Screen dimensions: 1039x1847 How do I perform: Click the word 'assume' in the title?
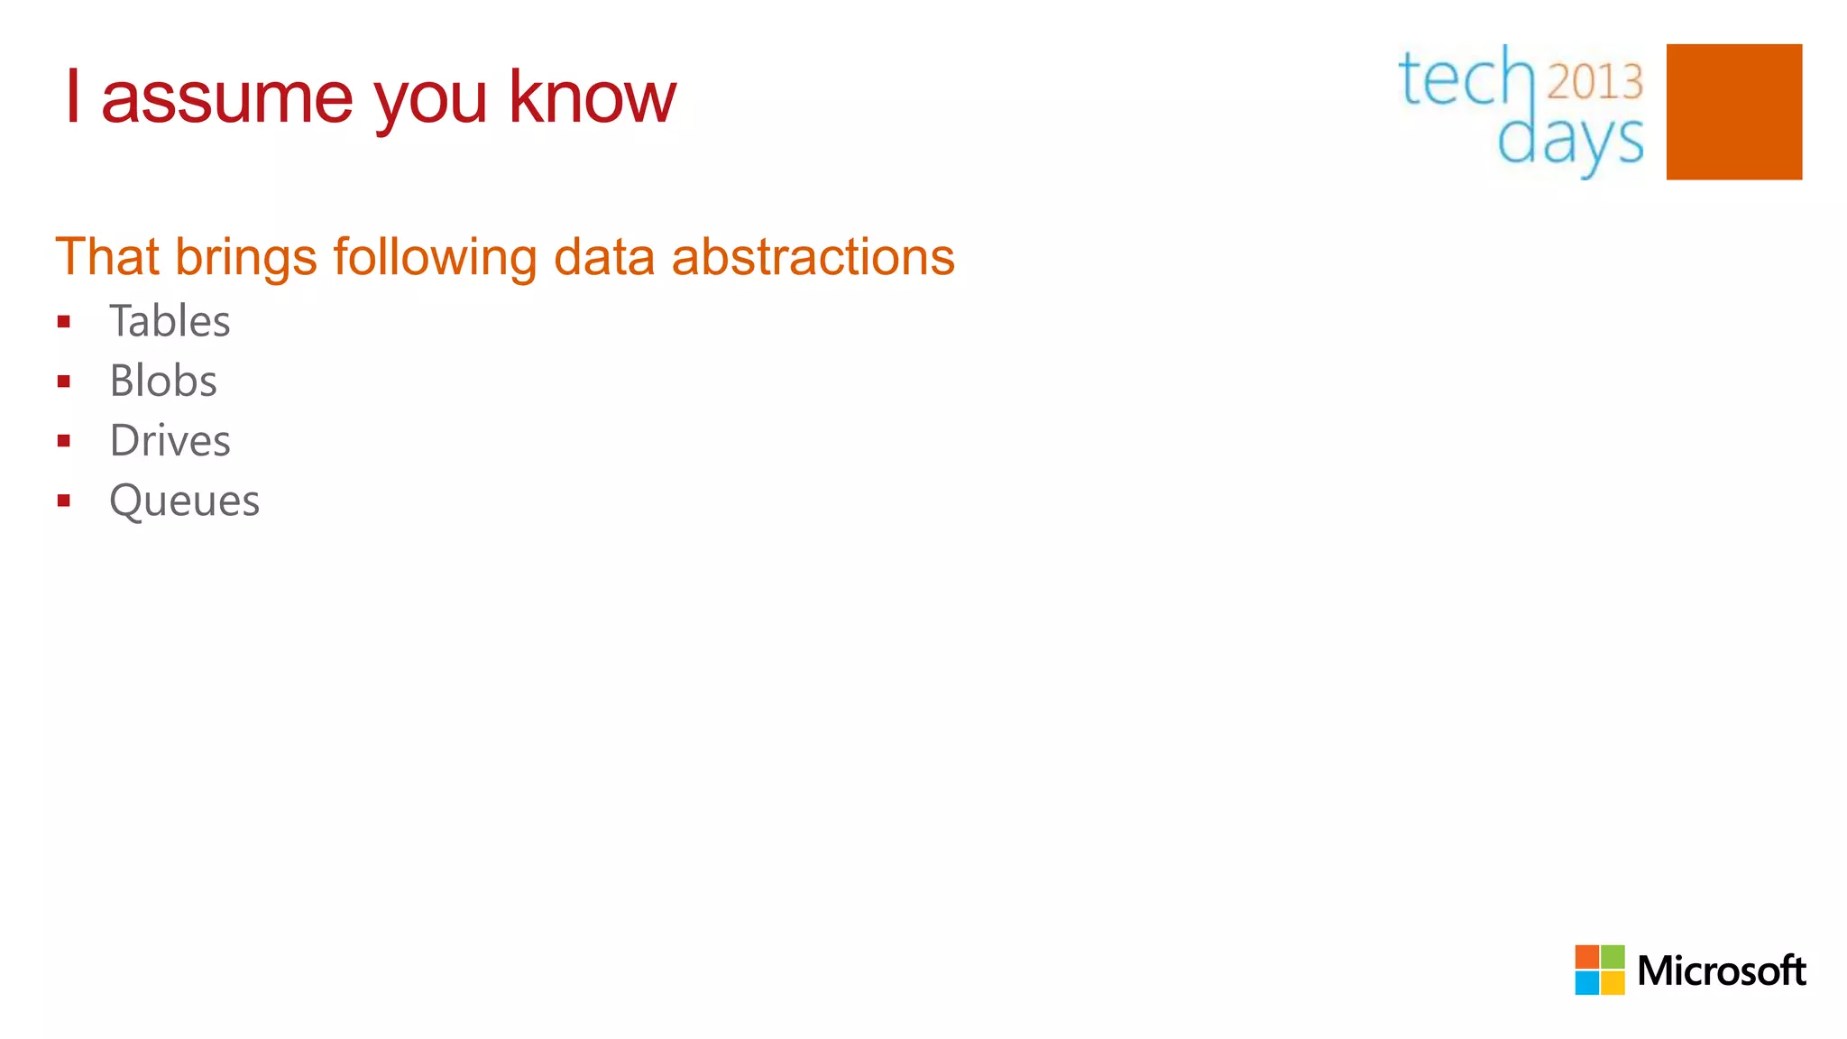point(226,99)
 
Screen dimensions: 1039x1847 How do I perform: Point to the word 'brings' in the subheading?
point(245,259)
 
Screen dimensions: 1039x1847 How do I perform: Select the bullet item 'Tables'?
point(170,321)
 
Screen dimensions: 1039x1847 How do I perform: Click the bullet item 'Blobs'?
point(163,381)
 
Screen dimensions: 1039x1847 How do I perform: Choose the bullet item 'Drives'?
point(170,441)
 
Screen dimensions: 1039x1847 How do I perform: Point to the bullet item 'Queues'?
point(184,501)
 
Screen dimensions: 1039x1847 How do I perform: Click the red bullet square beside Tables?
point(63,322)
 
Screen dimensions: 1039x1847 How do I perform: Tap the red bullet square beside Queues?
point(63,501)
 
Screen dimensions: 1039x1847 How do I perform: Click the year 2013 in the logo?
point(1594,82)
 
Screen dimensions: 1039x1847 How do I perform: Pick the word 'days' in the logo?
point(1570,142)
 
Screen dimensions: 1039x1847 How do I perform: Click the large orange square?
point(1733,112)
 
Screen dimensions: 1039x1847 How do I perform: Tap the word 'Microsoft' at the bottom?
point(1721,971)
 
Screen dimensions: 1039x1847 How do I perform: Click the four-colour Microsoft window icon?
point(1599,970)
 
